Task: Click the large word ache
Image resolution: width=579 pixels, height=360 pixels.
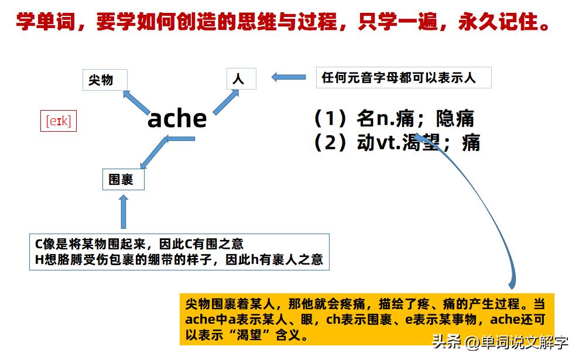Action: click(x=177, y=119)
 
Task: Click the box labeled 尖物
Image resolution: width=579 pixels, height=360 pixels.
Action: click(x=104, y=80)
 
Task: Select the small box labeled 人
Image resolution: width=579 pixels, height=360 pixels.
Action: click(x=241, y=79)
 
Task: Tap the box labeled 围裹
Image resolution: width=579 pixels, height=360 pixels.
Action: click(x=123, y=179)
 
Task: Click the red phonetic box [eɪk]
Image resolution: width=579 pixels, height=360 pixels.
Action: click(x=59, y=121)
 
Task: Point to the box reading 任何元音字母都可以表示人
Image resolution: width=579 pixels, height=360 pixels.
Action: click(x=403, y=78)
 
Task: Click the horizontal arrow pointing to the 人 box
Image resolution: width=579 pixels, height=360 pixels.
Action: click(x=289, y=77)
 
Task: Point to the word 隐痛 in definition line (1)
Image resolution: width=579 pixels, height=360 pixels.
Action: click(x=455, y=119)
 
